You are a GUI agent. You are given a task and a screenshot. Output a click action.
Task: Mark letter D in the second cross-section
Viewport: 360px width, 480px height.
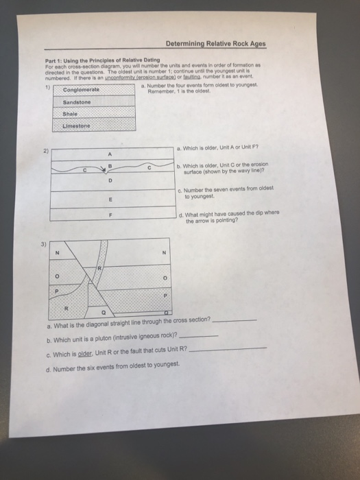[110, 180]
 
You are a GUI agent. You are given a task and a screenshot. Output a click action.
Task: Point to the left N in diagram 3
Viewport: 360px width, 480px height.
[58, 252]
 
